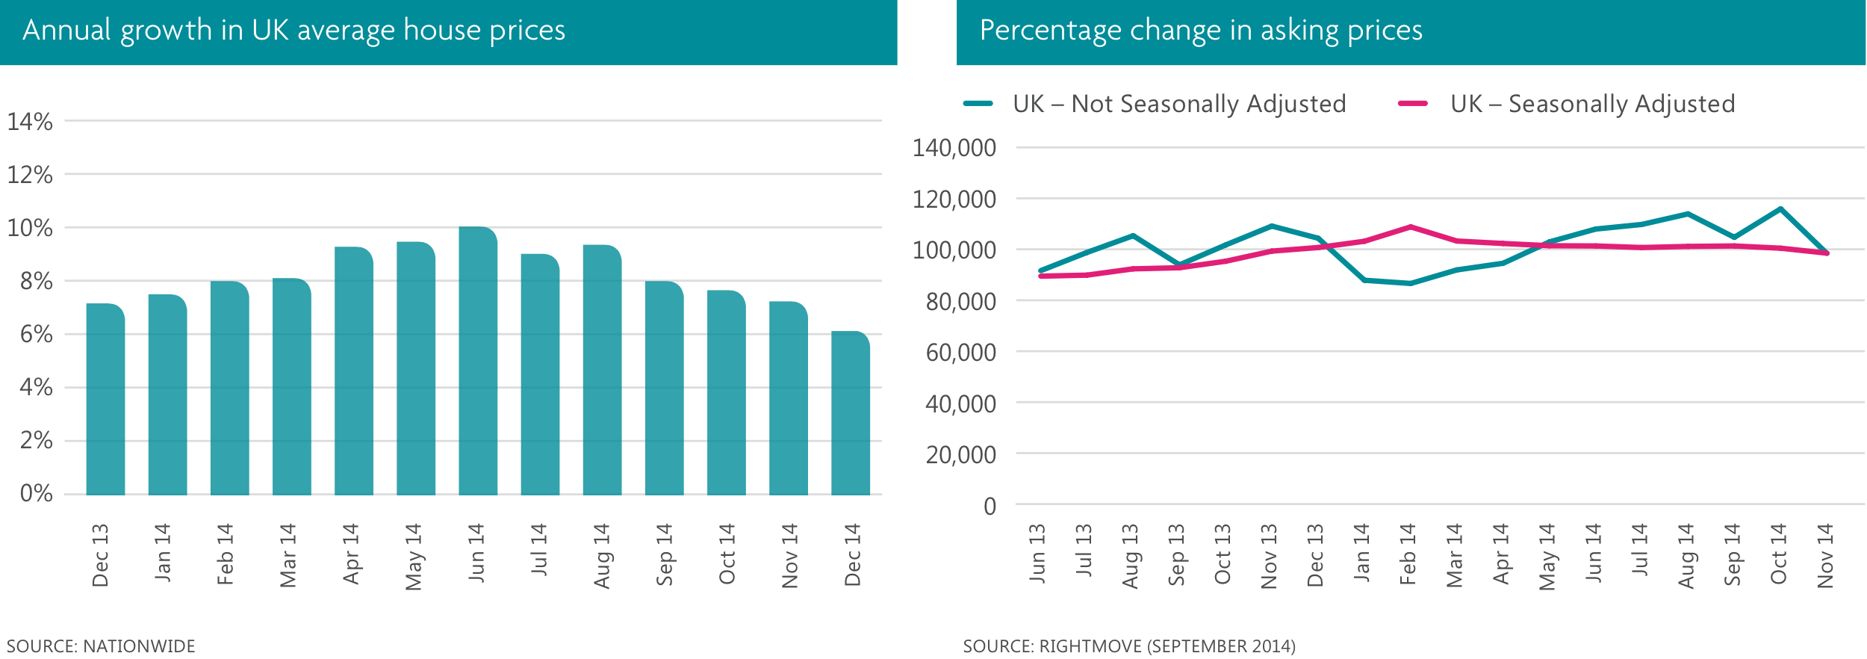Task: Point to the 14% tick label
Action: coord(30,122)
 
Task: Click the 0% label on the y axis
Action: coord(36,493)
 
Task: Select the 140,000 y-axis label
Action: coord(954,148)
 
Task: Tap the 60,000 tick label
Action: coord(961,352)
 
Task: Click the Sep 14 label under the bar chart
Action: coord(664,554)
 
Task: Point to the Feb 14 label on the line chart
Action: coord(1408,554)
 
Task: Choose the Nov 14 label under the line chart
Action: coord(1825,556)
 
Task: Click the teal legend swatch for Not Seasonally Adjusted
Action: coord(978,104)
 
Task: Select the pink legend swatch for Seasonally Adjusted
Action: coord(1413,104)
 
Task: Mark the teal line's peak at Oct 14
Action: coord(1781,209)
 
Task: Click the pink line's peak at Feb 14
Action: coord(1410,226)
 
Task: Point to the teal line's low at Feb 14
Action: coord(1410,283)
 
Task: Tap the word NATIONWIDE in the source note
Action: coord(139,646)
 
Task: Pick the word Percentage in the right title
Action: coord(1050,31)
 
